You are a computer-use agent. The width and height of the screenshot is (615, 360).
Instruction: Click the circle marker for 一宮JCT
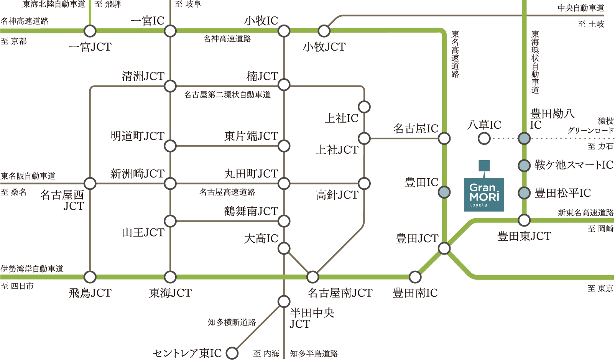pos(90,31)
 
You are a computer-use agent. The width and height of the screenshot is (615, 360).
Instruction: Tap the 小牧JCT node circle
pos(324,31)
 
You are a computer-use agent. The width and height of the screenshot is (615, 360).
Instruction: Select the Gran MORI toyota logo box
pos(484,194)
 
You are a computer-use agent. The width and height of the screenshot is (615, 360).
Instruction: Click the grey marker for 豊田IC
pos(444,192)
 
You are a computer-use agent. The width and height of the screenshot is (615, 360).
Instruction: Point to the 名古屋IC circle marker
pos(444,138)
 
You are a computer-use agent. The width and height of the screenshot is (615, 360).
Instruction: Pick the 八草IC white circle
pos(484,138)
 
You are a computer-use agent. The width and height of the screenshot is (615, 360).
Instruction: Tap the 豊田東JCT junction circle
pos(524,220)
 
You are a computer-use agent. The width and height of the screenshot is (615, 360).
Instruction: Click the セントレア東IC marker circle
pos(232,353)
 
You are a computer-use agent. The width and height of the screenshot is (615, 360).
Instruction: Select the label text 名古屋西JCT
pos(62,200)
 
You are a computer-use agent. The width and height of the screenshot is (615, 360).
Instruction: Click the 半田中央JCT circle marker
pos(284,301)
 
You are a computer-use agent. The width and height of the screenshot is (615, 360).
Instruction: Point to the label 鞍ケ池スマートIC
pos(574,165)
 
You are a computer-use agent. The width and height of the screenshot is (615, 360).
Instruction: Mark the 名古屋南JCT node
pos(312,276)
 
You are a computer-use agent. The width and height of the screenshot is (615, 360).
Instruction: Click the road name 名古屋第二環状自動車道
pos(227,95)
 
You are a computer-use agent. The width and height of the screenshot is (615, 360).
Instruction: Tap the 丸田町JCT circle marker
pos(284,183)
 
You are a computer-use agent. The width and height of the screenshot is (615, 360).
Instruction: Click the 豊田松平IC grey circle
pos(524,192)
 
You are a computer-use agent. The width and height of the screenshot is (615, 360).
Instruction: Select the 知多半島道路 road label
pos(314,353)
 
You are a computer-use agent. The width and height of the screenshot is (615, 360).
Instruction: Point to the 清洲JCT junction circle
pos(170,86)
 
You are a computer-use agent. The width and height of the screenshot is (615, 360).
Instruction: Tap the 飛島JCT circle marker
pos(90,276)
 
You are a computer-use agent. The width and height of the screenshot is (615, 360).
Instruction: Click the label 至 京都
pos(14,41)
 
